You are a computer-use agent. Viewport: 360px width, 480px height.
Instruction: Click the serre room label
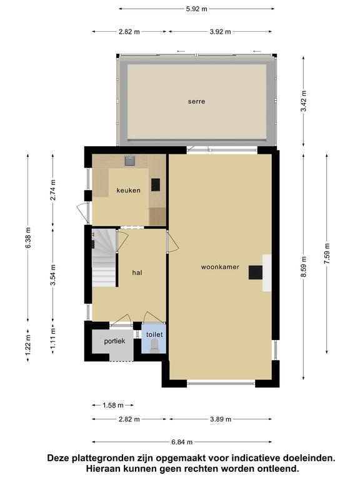pos(196,101)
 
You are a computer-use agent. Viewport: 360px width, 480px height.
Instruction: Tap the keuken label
pos(128,191)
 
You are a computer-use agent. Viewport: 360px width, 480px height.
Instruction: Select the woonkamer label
pos(220,267)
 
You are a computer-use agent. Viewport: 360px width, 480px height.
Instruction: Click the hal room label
pos(137,272)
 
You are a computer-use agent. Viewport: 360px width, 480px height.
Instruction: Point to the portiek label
pos(114,341)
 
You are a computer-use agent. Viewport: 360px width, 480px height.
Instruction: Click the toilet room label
pos(154,334)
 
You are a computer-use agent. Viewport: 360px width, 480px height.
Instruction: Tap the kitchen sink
pos(130,161)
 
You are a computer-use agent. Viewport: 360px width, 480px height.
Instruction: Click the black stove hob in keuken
pos(156,184)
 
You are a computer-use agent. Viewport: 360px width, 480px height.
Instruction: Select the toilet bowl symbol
pos(154,346)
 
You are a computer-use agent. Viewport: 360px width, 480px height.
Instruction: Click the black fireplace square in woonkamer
pos(255,272)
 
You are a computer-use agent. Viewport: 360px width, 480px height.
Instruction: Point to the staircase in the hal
pos(104,257)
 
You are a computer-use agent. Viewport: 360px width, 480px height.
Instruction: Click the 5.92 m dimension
pos(196,9)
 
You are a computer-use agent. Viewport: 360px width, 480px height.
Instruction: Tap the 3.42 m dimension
pos(303,101)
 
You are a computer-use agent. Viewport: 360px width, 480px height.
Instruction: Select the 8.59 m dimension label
pos(303,267)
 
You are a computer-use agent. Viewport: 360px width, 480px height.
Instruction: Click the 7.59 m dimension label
pos(327,254)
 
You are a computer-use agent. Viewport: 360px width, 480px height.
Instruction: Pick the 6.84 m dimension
pos(182,442)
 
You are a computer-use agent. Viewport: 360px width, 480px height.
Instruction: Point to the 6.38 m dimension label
pos(28,238)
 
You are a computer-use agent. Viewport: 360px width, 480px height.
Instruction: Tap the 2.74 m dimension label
pos(53,190)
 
